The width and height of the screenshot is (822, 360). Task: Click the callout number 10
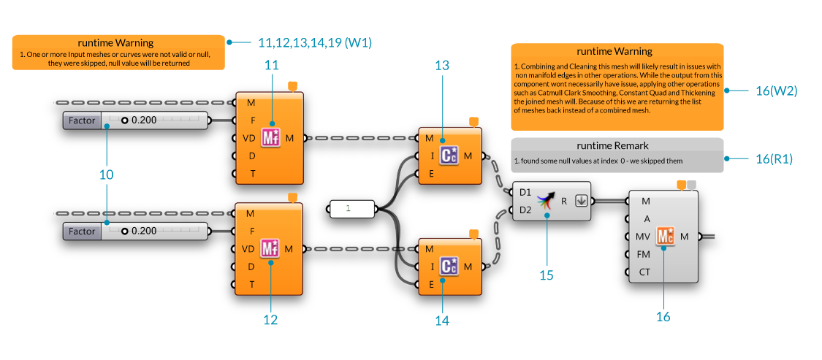coord(107,175)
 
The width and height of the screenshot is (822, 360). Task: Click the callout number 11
coord(271,65)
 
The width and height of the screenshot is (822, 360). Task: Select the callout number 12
coord(271,319)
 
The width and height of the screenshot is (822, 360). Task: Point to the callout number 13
coord(442,66)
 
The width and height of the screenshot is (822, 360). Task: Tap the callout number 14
coord(442,320)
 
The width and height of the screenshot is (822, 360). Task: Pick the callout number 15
coord(547,275)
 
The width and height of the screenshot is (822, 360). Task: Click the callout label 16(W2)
coord(776,91)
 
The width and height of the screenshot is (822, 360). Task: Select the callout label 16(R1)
coord(776,158)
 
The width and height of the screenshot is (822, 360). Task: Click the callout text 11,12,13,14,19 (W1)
coord(315,43)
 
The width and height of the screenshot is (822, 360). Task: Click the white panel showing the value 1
coord(352,209)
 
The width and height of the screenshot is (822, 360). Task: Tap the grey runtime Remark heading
coord(617,145)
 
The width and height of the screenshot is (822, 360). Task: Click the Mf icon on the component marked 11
coord(271,137)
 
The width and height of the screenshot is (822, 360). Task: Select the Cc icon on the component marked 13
coord(449,155)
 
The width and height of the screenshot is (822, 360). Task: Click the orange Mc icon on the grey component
coord(665,236)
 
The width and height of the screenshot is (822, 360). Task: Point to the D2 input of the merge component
coord(525,210)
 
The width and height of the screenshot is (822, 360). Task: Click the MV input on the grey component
coord(643,237)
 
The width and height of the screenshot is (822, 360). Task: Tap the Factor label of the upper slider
coord(82,120)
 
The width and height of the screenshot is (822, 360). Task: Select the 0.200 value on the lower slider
coord(144,231)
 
